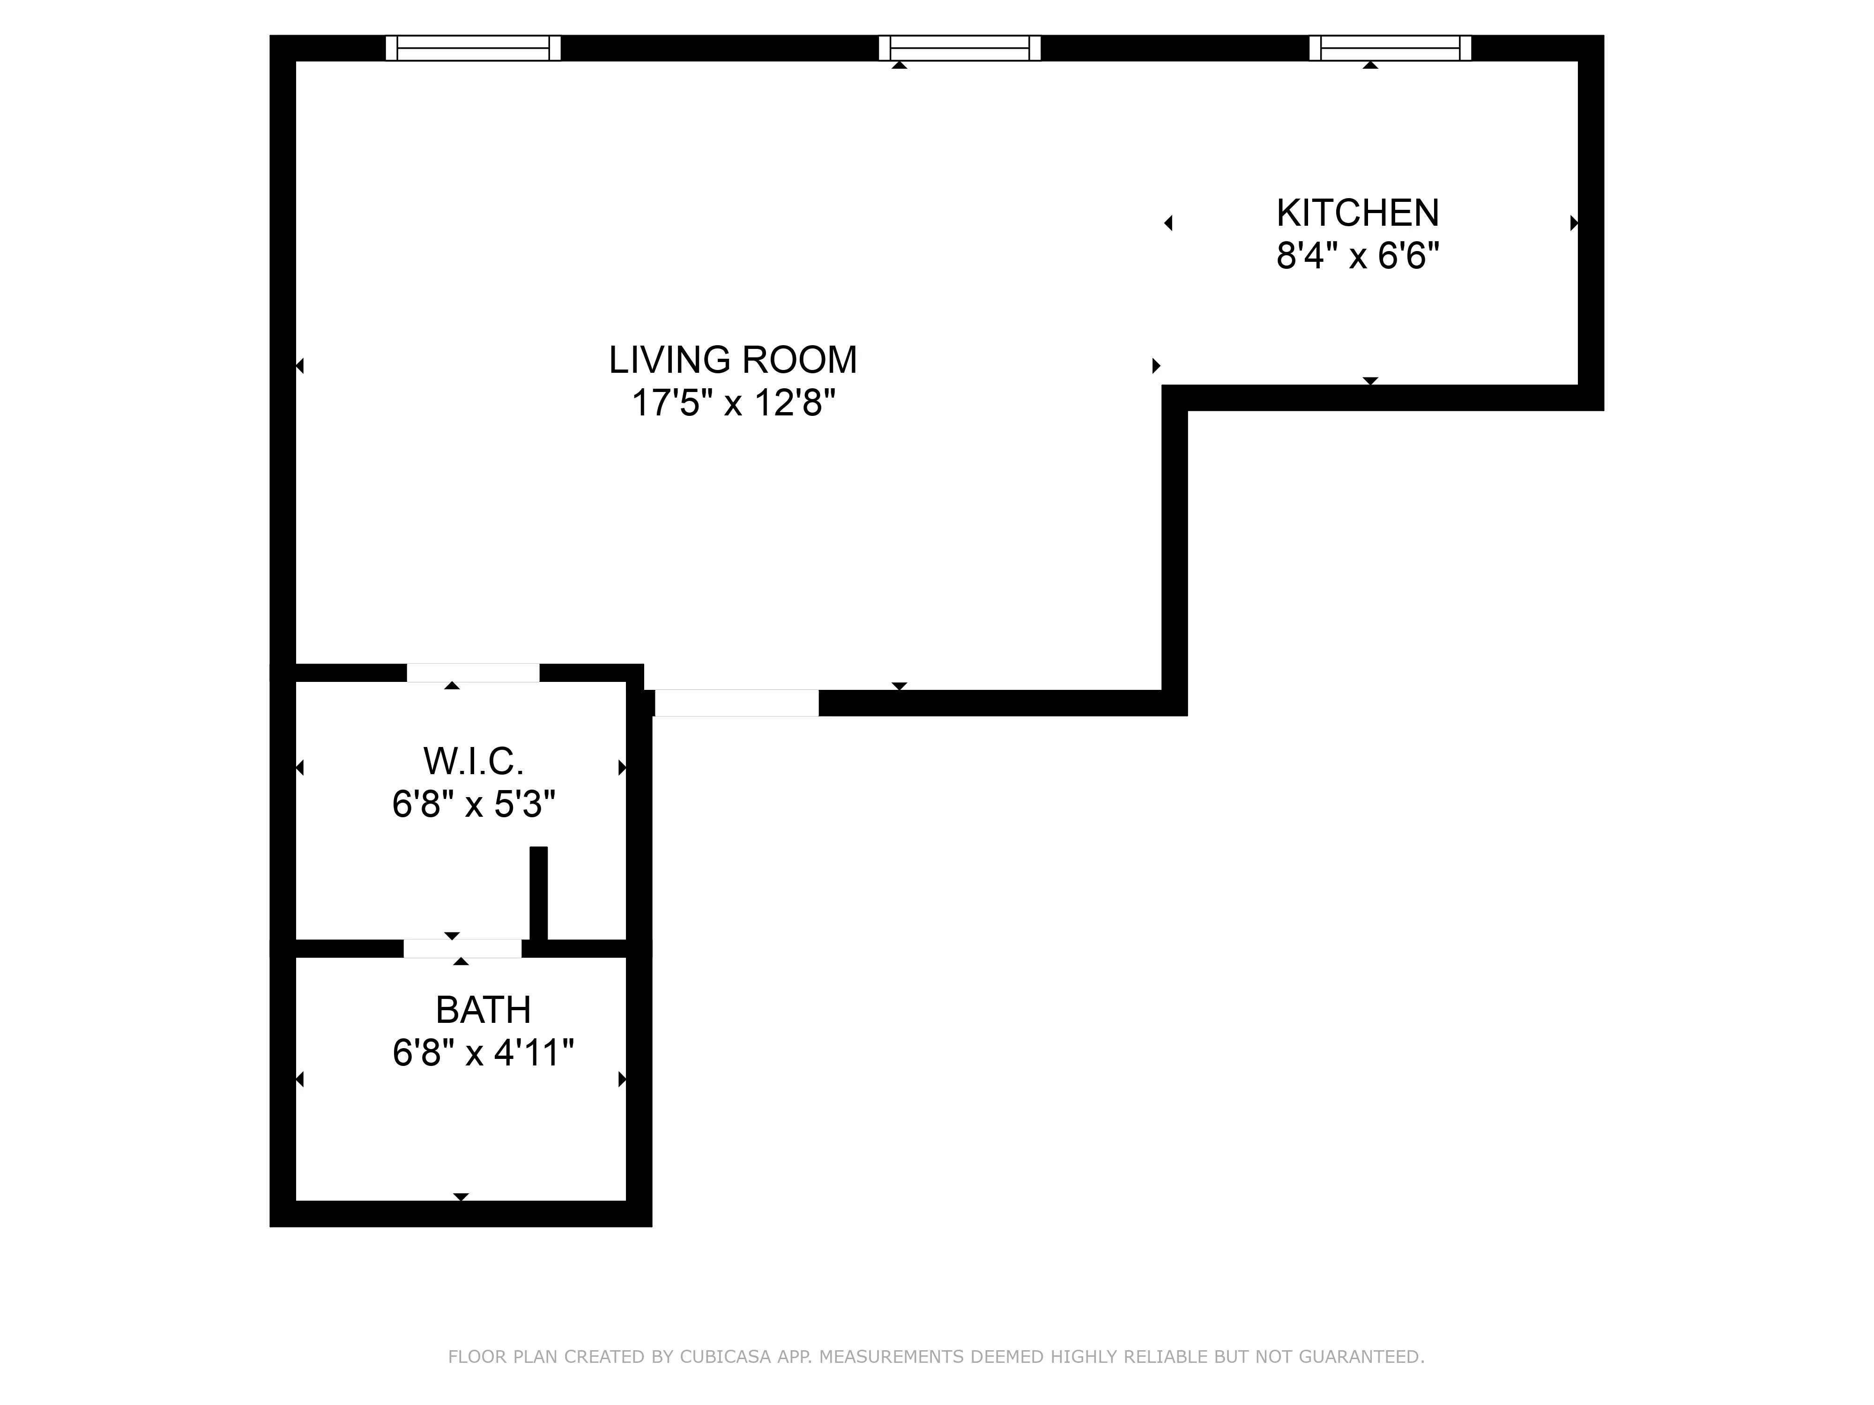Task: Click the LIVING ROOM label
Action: click(x=733, y=360)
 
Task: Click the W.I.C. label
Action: click(x=474, y=762)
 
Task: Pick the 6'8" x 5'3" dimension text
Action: click(x=474, y=804)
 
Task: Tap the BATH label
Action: click(x=483, y=1010)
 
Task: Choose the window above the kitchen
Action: click(x=1390, y=48)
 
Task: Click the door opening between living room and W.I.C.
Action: click(x=473, y=673)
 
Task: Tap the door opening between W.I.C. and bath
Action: click(x=462, y=948)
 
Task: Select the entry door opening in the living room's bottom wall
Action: click(x=736, y=703)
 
